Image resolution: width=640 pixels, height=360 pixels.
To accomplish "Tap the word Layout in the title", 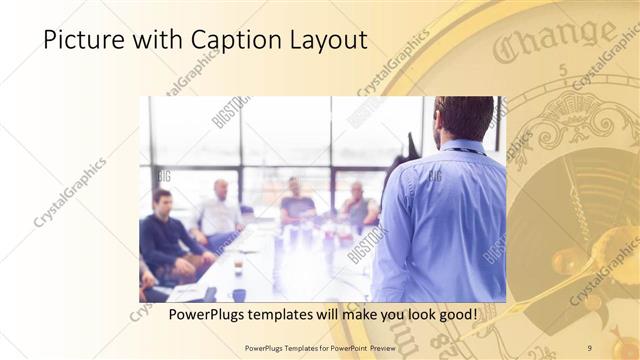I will click(x=326, y=41).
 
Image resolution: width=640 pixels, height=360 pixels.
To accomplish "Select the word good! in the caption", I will click(x=455, y=315).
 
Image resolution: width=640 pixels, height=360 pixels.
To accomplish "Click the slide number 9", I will click(x=589, y=348).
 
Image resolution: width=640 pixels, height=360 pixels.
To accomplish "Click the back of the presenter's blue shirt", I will click(x=440, y=220).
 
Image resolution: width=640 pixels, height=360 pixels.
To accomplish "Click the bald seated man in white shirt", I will click(x=219, y=212).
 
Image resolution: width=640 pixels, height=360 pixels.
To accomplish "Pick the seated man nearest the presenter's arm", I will click(x=359, y=205).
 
